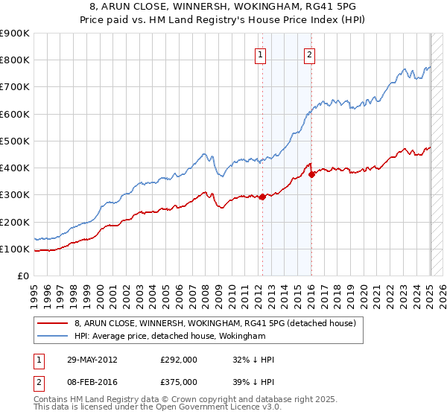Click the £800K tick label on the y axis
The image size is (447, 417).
click(16, 60)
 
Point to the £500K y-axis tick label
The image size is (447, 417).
click(16, 141)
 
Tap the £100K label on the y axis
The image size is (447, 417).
click(16, 249)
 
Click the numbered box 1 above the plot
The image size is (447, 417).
click(261, 54)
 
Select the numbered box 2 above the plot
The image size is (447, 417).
click(308, 54)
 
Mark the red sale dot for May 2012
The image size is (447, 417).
click(262, 197)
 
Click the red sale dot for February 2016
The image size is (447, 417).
click(311, 174)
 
